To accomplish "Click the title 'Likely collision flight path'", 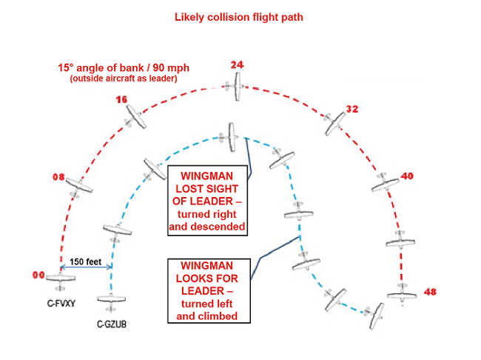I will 240,16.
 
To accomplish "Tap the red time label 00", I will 38,275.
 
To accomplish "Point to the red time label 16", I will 122,99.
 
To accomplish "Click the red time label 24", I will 237,65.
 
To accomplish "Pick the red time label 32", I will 351,110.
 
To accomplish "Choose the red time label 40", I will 407,176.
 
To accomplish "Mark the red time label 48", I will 430,292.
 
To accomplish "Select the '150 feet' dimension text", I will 86,260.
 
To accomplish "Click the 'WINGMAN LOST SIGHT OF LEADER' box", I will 208,201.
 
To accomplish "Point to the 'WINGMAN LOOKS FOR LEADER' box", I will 208,290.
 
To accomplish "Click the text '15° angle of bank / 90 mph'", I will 124,67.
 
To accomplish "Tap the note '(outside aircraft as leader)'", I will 124,79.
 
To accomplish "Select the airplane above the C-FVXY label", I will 61,280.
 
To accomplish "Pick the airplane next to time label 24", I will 237,91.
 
